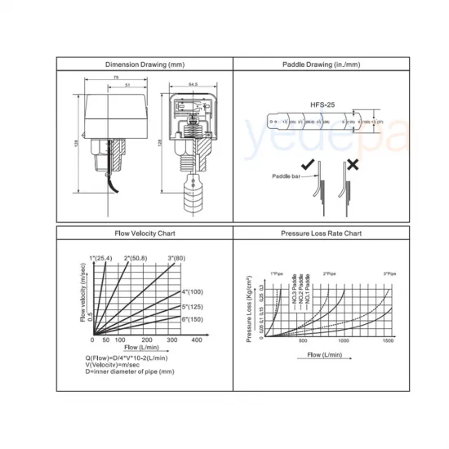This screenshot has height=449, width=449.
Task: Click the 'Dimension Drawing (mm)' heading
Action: pos(144,64)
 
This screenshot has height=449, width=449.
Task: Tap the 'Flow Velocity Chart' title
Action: pos(144,233)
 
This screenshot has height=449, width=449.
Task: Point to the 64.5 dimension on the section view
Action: pos(193,83)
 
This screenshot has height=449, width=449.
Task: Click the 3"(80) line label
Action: pos(176,259)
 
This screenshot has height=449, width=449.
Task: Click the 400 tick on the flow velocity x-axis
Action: pos(196,340)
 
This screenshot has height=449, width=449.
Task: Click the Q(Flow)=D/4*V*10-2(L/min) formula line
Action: pos(127,358)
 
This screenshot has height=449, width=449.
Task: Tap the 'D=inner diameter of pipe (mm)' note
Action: pos(130,371)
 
